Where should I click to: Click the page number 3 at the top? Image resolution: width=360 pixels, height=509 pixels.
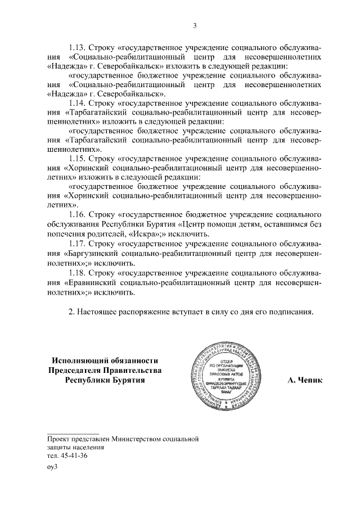point(195,25)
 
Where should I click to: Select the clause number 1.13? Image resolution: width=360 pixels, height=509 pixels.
point(78,47)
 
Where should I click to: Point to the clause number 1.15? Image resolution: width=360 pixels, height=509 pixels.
point(78,159)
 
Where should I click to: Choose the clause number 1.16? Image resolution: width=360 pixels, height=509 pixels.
point(78,214)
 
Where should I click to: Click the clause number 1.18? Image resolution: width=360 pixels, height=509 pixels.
point(78,273)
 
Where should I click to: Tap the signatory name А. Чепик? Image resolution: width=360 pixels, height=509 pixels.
point(305,381)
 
